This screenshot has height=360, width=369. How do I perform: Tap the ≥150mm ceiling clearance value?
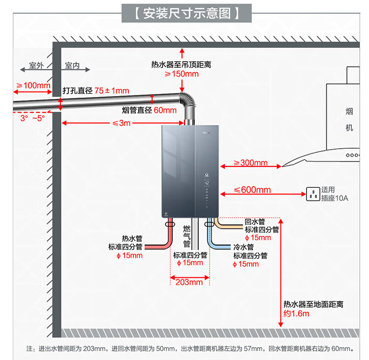pyautogui.click(x=182, y=74)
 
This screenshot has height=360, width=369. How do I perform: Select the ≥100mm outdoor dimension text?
pyautogui.click(x=34, y=86)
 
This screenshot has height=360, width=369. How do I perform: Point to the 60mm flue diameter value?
pyautogui.click(x=165, y=110)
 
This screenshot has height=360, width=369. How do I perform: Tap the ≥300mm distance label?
pyautogui.click(x=250, y=163)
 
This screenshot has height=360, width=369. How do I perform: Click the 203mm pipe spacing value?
pyautogui.click(x=189, y=282)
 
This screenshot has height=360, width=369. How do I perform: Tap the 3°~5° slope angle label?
pyautogui.click(x=32, y=119)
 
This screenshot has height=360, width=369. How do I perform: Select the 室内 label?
pyautogui.click(x=72, y=65)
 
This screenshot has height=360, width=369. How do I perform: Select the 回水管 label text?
pyautogui.click(x=255, y=222)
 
